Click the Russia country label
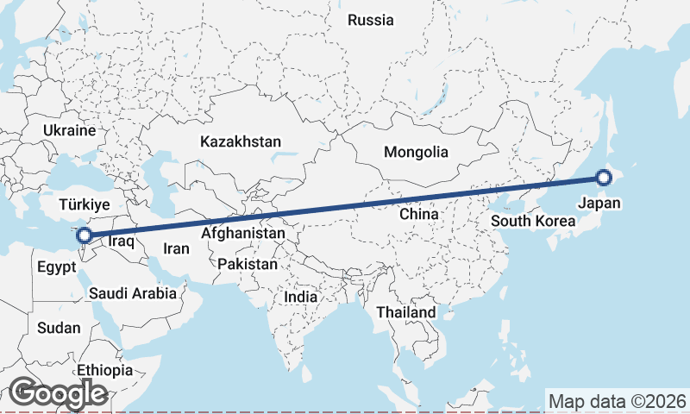pos(371,20)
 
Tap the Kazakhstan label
pos(241,141)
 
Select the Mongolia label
pos(417,152)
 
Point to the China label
pos(419,213)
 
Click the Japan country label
pos(599,204)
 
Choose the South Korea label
pos(533,221)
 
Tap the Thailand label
pos(405,311)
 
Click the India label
pos(301,297)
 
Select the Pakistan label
pos(248,264)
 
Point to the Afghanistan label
pos(243,234)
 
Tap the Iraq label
pos(122,242)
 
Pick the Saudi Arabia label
pos(133,293)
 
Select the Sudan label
pos(59,328)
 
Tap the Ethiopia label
pos(105,370)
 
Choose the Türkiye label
pos(85,204)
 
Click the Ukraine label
pos(68,131)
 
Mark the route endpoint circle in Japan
pos(603,179)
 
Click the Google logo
pos(58,393)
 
